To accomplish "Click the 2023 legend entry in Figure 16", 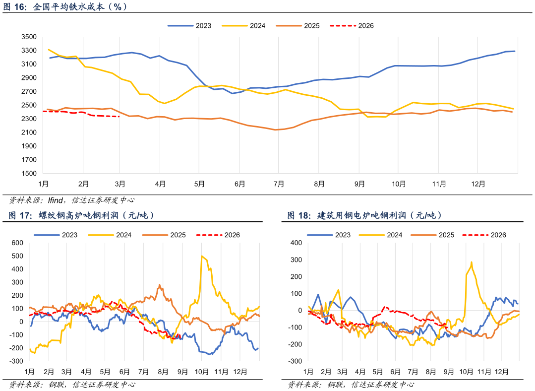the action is pos(189,26).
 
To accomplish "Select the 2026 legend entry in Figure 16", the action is pos(352,26).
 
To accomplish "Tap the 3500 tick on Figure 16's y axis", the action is pos(29,37).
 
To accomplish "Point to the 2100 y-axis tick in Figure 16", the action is pos(29,132).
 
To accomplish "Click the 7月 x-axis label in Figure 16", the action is pos(279,184).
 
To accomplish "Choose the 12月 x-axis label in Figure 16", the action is pos(478,184).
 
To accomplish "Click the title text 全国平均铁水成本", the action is pos(68,6).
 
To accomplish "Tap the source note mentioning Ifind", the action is pos(72,200).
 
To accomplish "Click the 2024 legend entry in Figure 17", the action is pos(110,235).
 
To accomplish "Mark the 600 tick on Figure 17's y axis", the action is pos(17,243).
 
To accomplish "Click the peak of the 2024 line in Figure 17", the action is pos(202,256).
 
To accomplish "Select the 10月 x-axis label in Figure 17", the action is pos(202,372).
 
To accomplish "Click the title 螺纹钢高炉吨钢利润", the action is pos(78,215).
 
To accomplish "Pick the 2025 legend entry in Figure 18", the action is pos(432,235).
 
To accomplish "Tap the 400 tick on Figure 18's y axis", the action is pos(296,243).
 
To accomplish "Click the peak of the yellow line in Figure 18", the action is pos(471,262).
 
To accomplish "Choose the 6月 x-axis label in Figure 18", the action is pos(395,372).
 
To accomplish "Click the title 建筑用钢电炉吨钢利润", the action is pos(361,215).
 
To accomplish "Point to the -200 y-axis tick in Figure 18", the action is pos(295,344).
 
